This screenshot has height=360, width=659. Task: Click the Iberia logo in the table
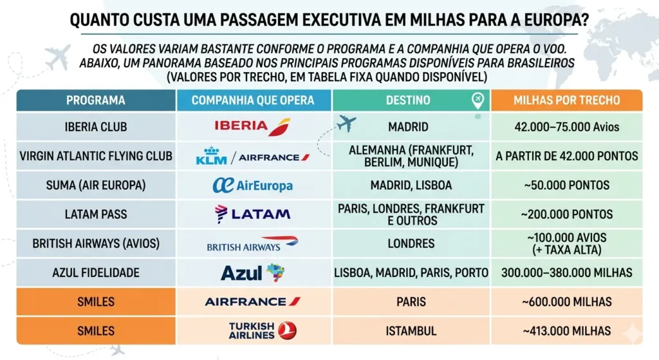252,126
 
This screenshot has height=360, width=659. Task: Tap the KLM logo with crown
211,156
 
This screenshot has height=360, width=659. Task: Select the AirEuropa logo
252,185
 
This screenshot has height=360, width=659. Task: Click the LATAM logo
252,214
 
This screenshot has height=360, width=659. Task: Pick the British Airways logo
252,244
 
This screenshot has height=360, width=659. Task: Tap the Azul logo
252,272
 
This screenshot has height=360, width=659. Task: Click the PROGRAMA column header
96,100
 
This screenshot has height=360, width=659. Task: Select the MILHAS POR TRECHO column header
566,100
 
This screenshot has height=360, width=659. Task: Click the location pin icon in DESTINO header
477,100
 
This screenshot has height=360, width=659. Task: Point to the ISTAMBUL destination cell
411,331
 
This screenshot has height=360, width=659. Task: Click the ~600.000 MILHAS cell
566,301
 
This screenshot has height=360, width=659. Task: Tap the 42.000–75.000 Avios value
566,127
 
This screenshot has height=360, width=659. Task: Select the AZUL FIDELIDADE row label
96,273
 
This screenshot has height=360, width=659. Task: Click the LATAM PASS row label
96,214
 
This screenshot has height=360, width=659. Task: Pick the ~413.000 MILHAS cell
566,331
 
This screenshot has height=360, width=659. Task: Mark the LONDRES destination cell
411,244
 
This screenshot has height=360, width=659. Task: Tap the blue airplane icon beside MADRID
346,123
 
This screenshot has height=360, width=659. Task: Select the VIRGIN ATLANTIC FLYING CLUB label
96,156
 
